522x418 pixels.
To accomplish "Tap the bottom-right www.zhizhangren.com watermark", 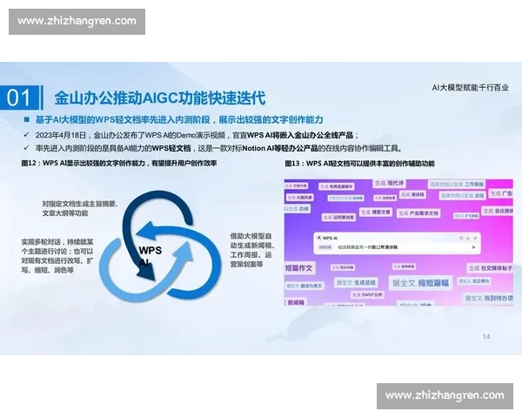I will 445,395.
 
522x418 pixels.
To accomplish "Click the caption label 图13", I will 294,164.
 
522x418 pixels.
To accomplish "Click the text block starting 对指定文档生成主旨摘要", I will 79,207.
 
